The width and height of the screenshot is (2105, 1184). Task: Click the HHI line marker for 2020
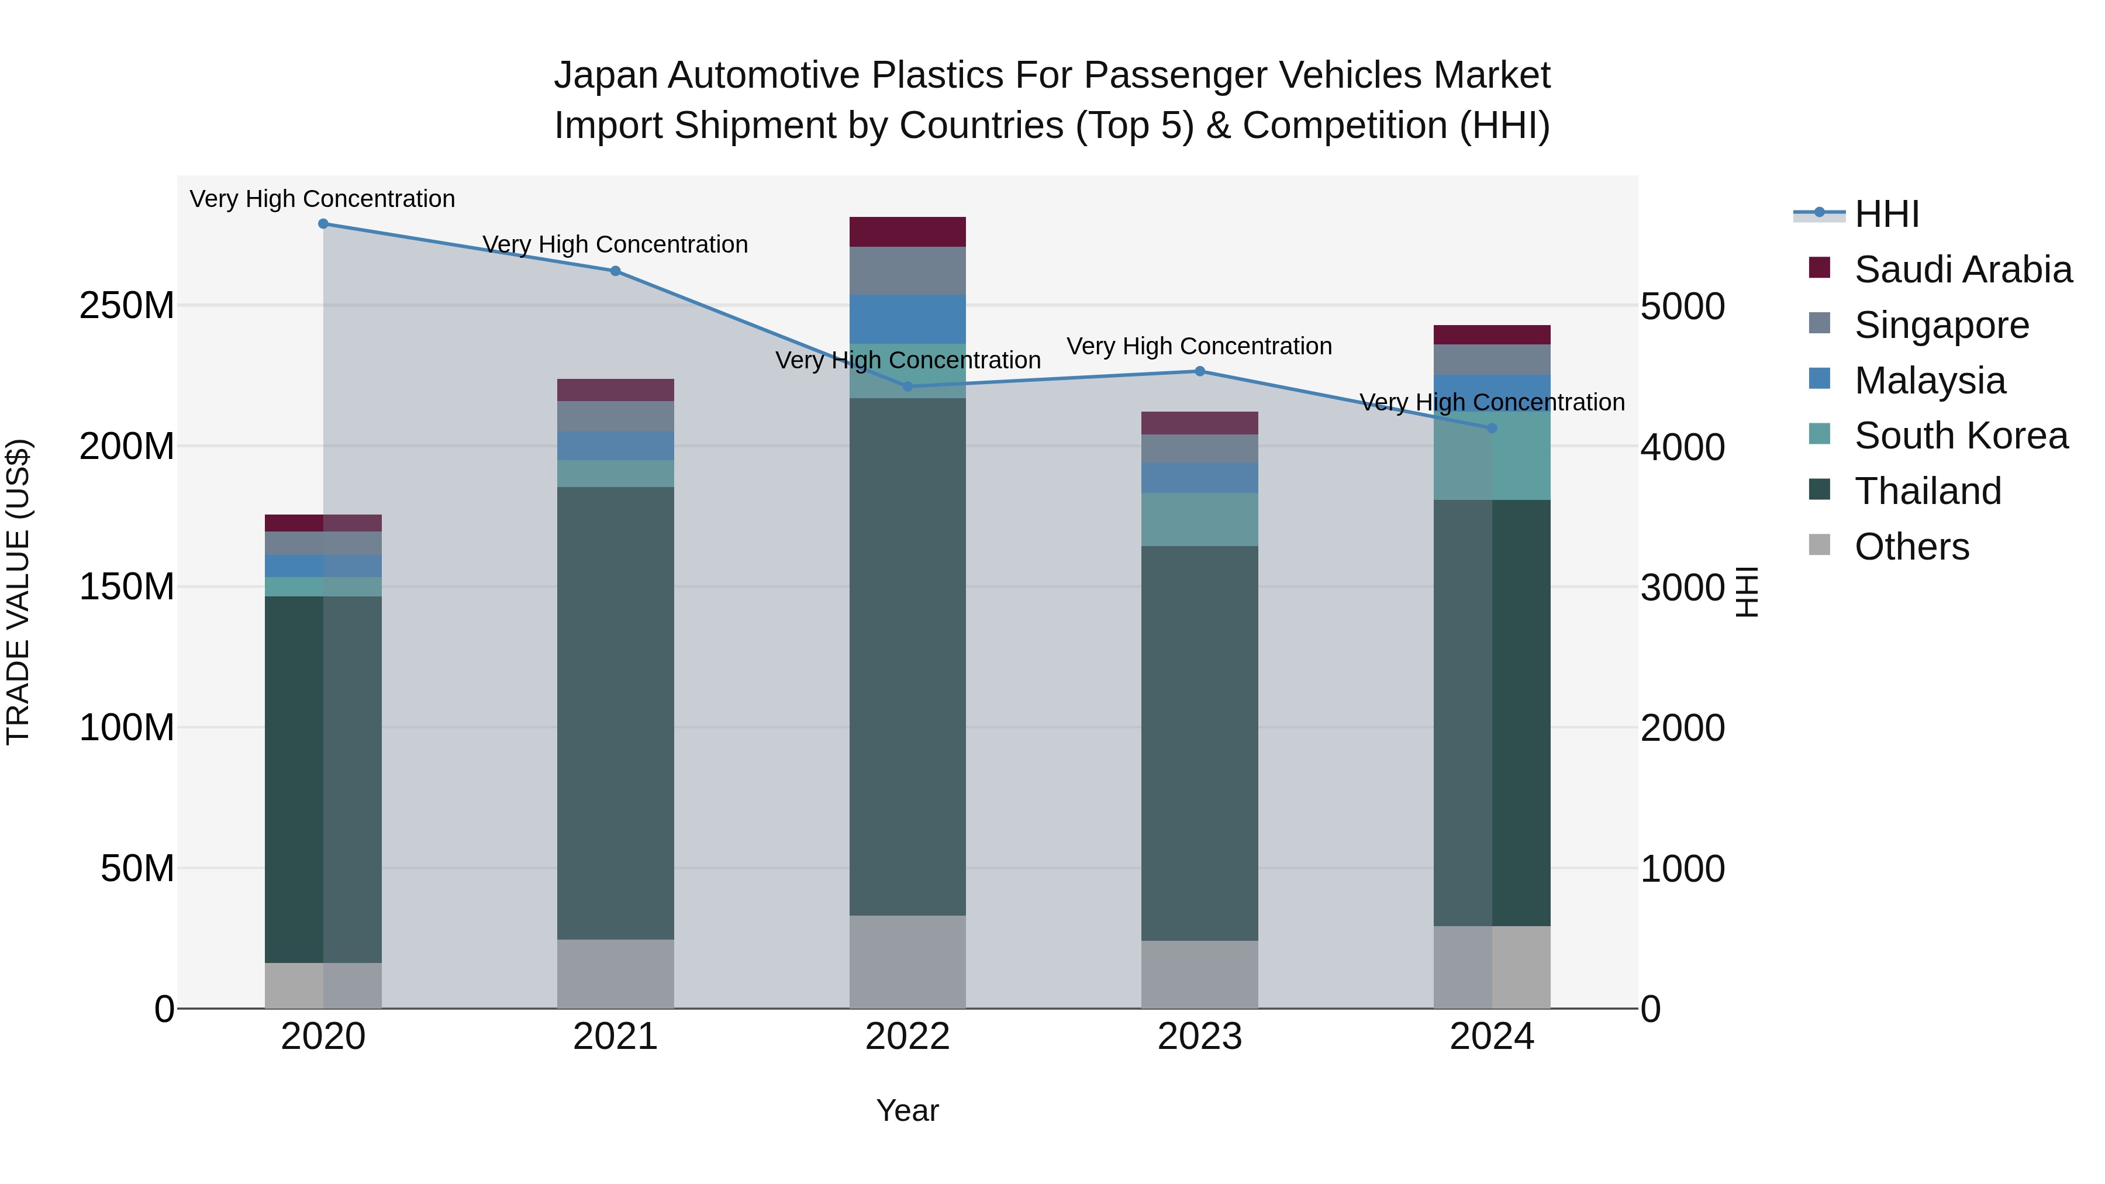[323, 224]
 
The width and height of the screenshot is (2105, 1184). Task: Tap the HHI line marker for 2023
[1200, 371]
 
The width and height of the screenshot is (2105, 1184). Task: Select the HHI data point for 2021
[615, 271]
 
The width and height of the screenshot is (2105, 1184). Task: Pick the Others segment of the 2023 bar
[1200, 974]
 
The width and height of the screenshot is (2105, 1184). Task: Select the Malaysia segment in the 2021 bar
[615, 446]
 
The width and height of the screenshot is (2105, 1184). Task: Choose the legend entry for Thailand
[1928, 491]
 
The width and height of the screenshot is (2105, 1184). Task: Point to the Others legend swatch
[1819, 544]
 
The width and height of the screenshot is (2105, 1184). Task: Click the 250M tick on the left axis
[127, 306]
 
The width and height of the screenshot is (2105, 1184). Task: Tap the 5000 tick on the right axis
[1682, 306]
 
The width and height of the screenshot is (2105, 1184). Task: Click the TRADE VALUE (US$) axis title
[18, 592]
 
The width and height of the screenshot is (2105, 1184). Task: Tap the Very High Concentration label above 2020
[322, 199]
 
